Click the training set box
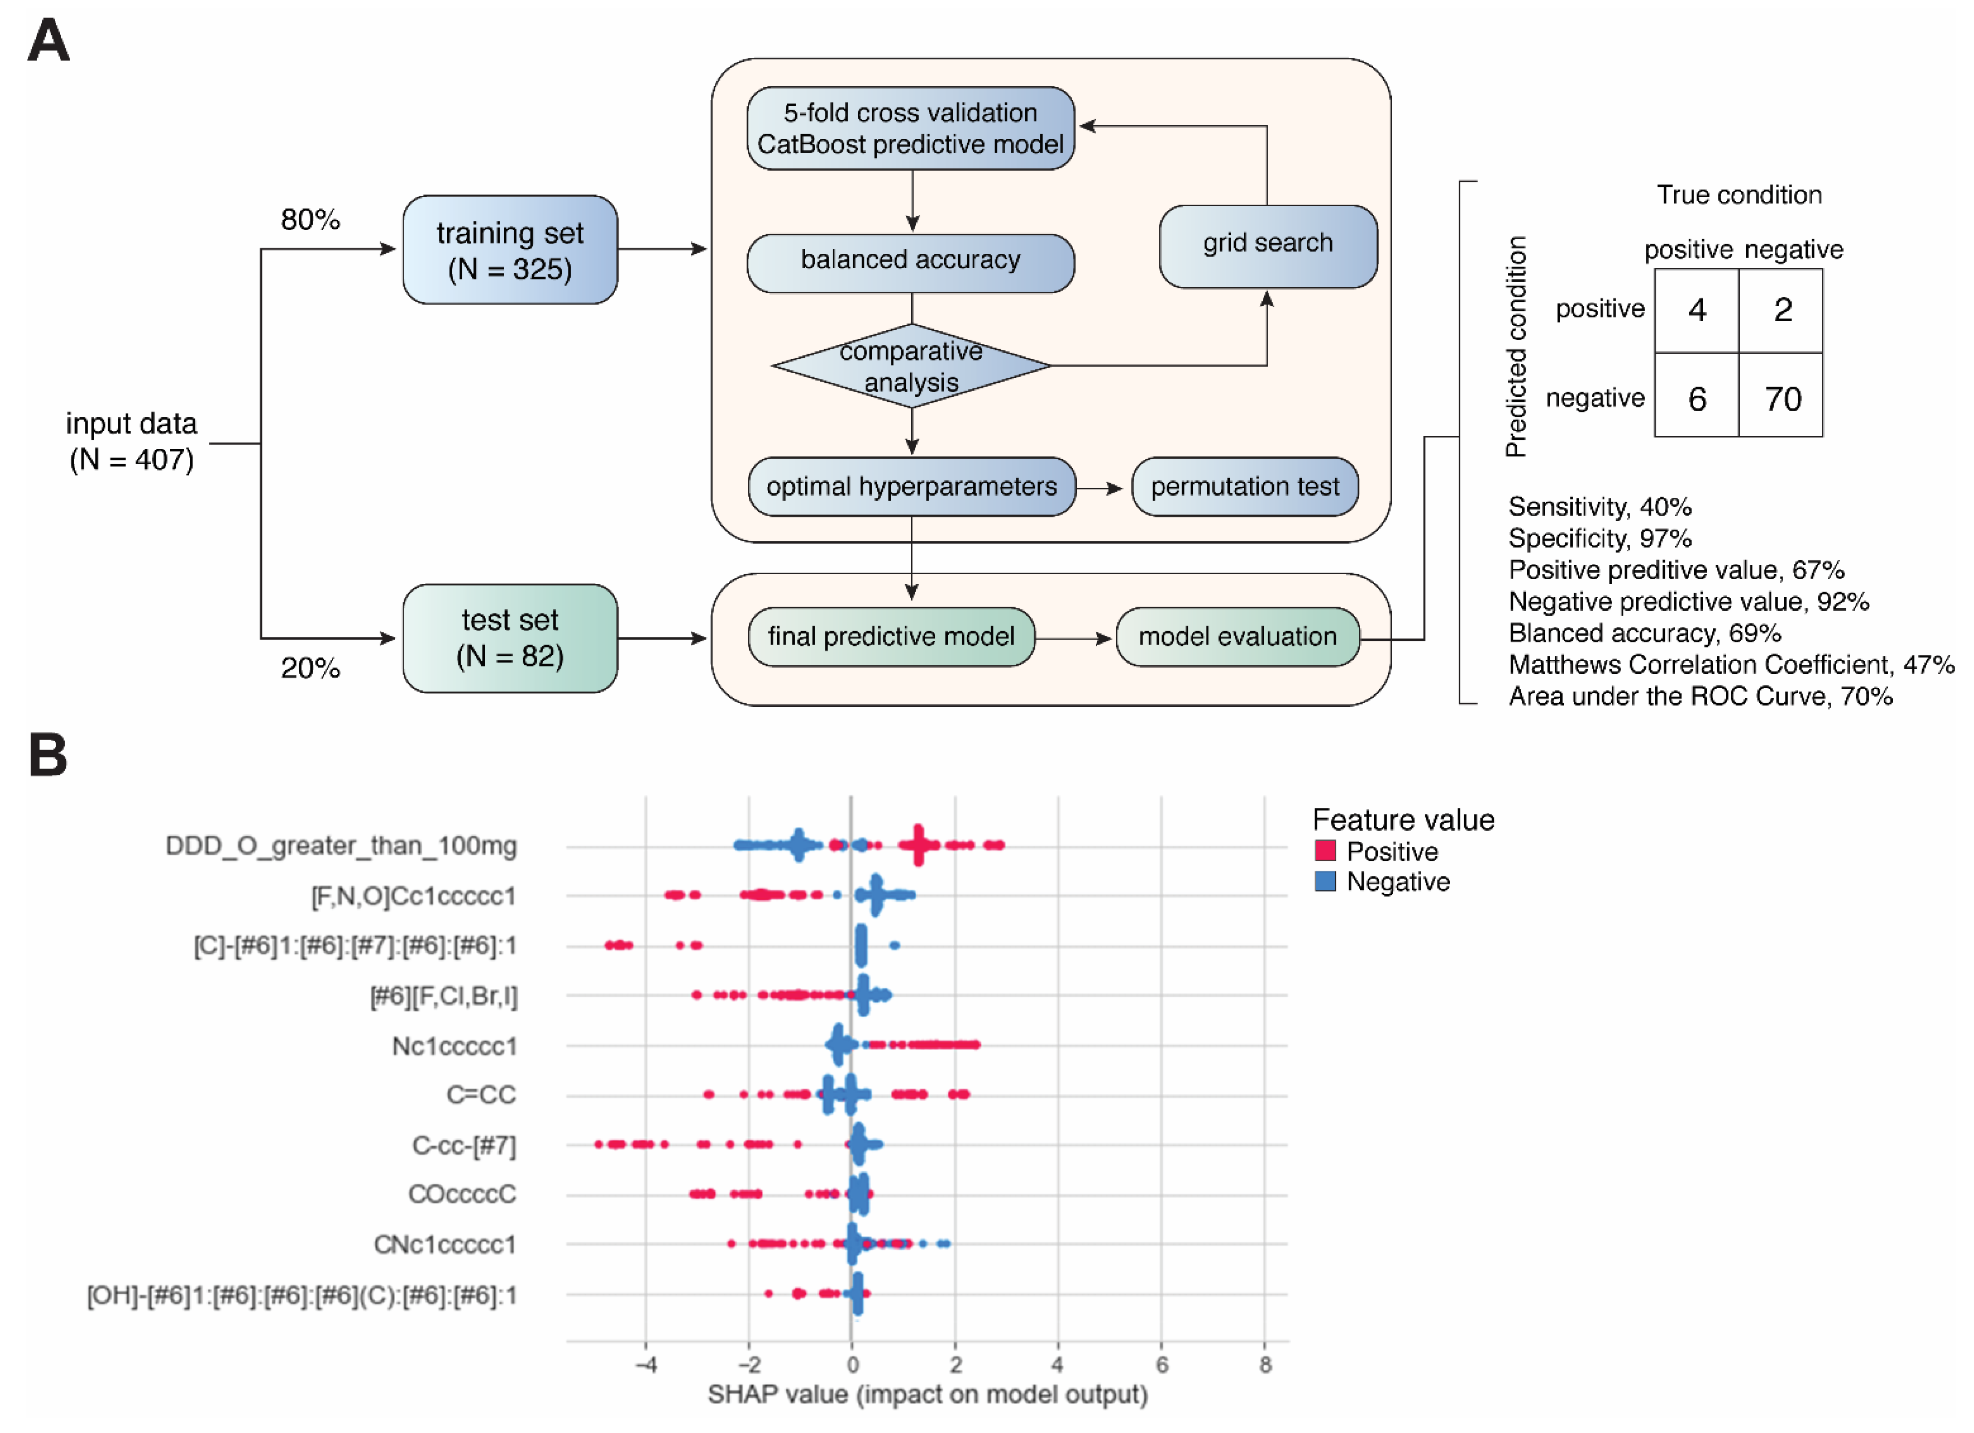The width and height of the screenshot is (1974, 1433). point(510,250)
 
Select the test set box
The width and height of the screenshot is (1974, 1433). point(510,638)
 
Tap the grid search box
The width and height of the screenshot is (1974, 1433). point(1267,244)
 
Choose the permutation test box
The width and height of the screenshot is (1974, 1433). point(1245,487)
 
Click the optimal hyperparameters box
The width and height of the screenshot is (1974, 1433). point(911,487)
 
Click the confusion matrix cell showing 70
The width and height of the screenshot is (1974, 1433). point(1781,399)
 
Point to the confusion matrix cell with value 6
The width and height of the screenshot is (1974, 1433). point(1697,399)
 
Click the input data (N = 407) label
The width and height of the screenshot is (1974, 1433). point(131,441)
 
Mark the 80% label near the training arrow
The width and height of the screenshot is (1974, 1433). point(310,219)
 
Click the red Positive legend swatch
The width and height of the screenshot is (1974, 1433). point(1325,851)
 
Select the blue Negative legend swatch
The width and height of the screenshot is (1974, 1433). point(1325,881)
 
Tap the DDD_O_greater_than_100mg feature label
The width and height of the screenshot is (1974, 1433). point(341,846)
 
